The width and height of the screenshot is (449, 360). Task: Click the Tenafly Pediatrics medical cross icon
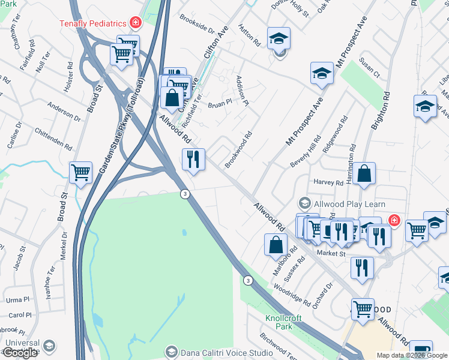point(136,23)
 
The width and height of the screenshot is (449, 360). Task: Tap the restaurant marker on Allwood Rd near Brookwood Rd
point(193,160)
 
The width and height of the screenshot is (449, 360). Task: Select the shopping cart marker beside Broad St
point(81,173)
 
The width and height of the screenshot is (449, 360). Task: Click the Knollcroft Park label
point(279,322)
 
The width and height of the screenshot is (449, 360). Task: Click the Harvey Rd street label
point(328,182)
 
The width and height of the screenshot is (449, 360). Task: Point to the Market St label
point(331,254)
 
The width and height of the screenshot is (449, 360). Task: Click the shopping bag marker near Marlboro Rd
point(276,245)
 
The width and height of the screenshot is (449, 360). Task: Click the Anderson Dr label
point(64,112)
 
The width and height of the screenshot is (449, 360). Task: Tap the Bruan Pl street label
point(220,103)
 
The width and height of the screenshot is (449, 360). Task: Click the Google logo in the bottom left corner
point(20,353)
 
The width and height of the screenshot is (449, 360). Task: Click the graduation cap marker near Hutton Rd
point(279,39)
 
